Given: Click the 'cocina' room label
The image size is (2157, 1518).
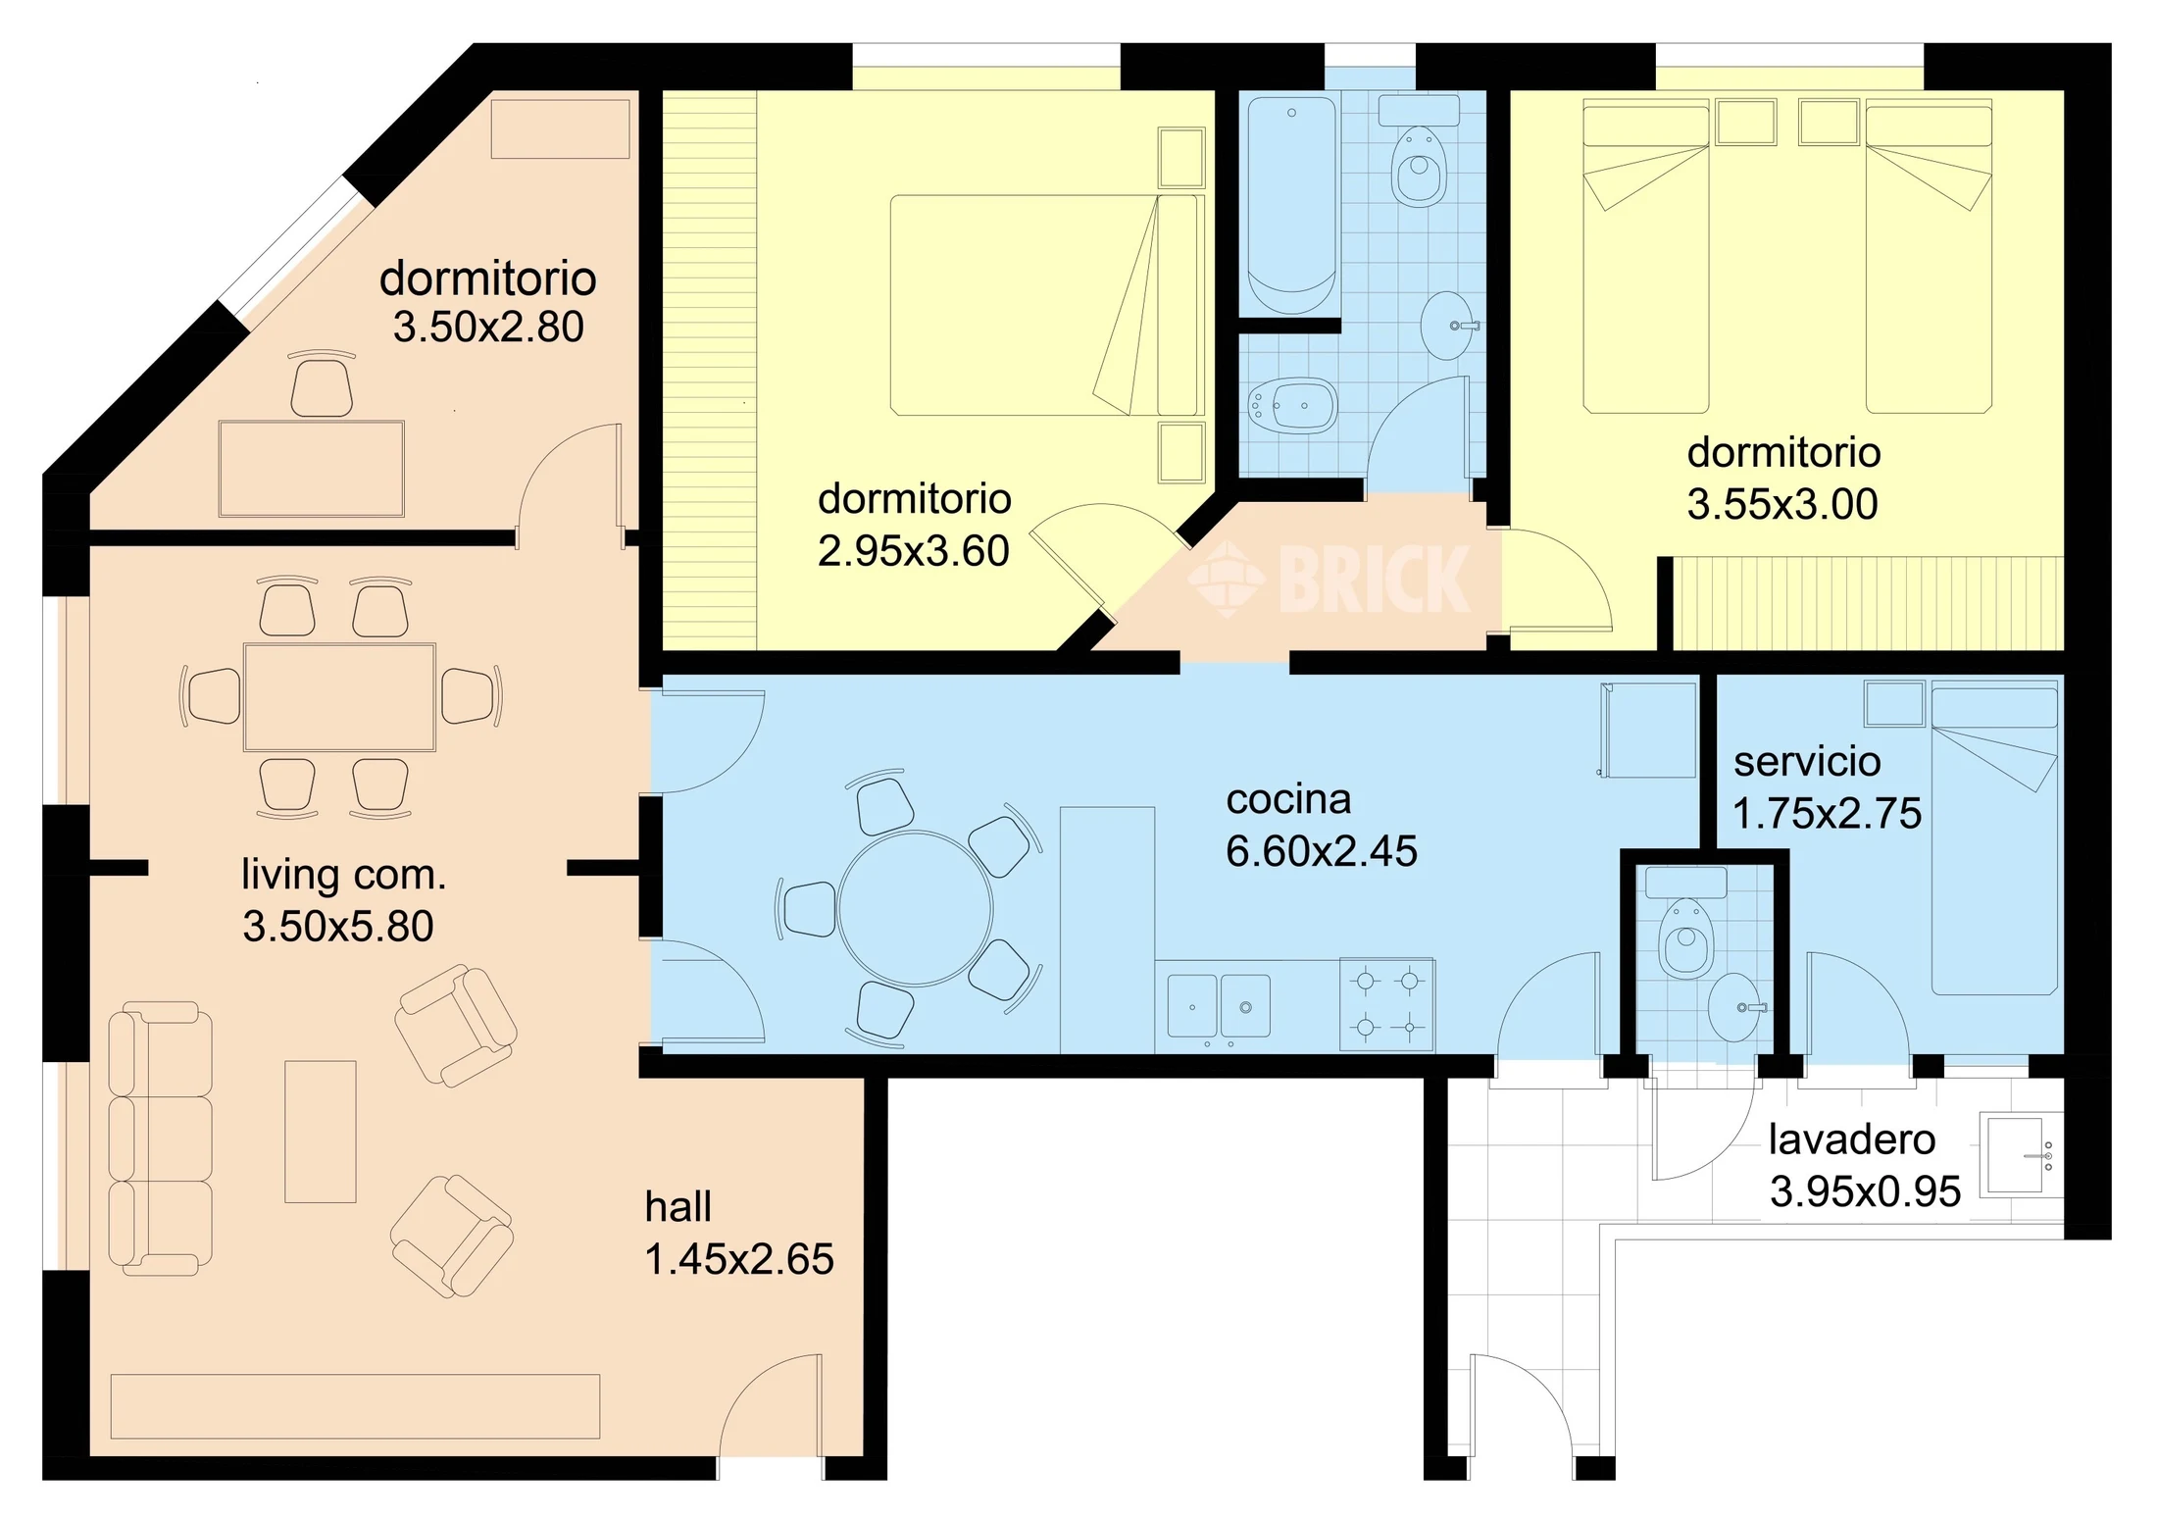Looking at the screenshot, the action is pos(1288,800).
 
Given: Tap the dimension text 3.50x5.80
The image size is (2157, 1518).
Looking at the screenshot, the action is pos(338,927).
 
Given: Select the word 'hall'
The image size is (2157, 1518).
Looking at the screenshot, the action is pos(677,1207).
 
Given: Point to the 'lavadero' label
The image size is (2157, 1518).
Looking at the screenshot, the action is pos(1852,1139).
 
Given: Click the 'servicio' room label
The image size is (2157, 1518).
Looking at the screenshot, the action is pos(1807,762).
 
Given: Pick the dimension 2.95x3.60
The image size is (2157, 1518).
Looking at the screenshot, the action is pos(914,551).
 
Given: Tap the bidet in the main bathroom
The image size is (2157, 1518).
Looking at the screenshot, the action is pos(1292,405).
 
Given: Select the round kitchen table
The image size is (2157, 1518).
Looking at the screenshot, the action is pos(915,908).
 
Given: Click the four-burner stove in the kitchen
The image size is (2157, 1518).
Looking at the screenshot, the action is pos(1387,1004).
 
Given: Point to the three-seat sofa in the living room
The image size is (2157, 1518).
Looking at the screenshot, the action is pos(160,1138).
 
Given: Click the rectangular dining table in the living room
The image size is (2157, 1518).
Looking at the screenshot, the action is pos(339,697).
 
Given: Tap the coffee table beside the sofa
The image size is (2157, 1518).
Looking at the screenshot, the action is pos(321,1132).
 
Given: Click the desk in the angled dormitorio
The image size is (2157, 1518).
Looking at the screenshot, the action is pos(312,469).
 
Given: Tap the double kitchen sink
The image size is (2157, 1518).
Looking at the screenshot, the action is pos(1219,1006).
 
